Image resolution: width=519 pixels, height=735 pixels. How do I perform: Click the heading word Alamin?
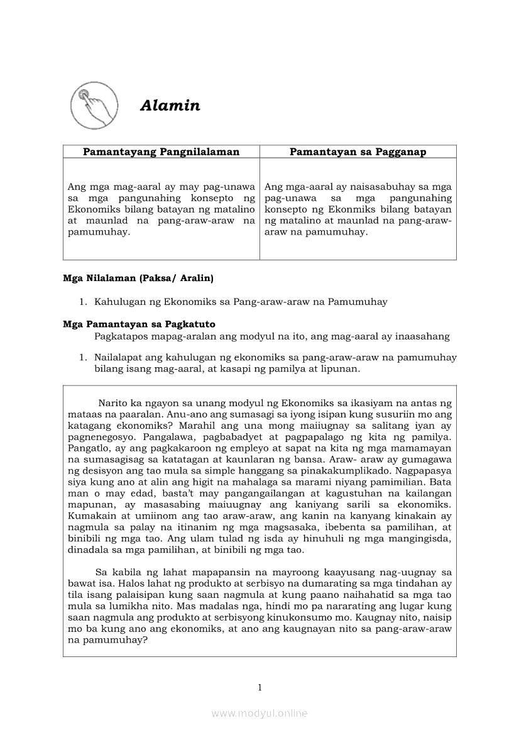pos(170,106)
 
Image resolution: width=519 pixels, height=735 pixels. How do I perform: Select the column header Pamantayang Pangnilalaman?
pos(161,152)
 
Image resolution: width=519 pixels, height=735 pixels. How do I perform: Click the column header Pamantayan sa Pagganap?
pos(358,152)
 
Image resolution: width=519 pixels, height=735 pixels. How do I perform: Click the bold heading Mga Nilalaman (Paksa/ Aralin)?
pos(138,278)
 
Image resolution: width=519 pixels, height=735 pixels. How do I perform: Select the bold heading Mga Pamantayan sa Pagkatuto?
pos(139,324)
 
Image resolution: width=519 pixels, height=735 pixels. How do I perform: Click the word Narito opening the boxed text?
pos(114,402)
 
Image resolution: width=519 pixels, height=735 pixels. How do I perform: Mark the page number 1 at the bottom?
pos(259,687)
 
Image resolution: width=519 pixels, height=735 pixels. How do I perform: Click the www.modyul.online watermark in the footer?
pos(259,713)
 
